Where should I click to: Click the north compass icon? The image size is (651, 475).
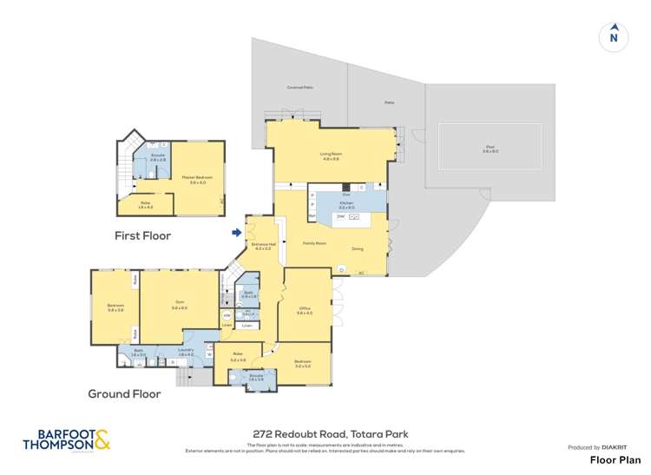pos(614,36)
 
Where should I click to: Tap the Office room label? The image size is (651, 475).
pos(304,309)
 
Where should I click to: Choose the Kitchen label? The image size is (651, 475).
pos(347,205)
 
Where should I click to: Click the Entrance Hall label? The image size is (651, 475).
pos(264,246)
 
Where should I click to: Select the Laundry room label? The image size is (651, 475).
pos(186,352)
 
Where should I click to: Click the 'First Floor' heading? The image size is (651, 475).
pos(143,235)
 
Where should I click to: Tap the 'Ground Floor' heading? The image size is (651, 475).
pos(124,393)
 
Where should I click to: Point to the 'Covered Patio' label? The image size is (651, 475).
pos(299,88)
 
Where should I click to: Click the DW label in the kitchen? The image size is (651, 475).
pos(340,216)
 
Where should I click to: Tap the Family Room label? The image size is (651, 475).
pos(313,244)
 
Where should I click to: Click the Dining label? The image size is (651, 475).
pos(358,249)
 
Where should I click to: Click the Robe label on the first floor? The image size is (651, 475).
pos(145,204)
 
